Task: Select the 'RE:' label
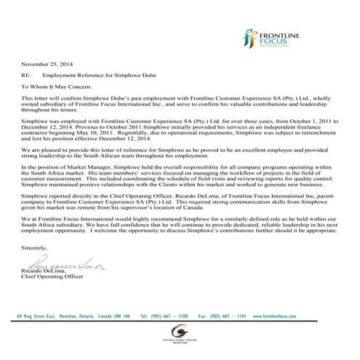tap(26, 75)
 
